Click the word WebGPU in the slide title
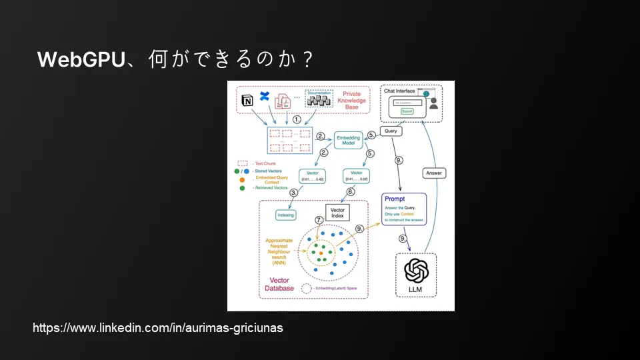tap(81, 59)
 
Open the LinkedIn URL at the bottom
tap(158, 329)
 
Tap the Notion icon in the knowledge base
tap(247, 101)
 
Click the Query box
tap(391, 131)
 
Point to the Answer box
tap(434, 173)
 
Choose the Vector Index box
tap(337, 213)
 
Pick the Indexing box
tap(285, 215)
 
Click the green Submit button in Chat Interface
tap(408, 112)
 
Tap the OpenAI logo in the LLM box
tap(416, 270)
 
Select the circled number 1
tap(297, 119)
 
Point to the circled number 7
tap(319, 220)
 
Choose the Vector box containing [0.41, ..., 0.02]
tap(356, 176)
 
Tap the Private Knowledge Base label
tap(351, 100)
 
